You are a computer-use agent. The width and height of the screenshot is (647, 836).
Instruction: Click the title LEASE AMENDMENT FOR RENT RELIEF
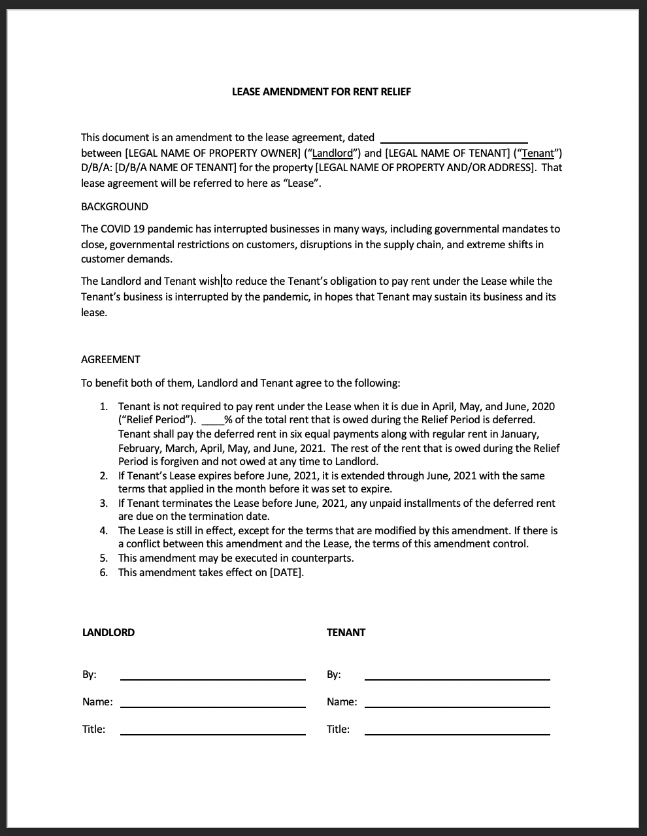click(322, 92)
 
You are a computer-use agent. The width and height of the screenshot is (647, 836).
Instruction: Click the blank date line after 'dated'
click(454, 138)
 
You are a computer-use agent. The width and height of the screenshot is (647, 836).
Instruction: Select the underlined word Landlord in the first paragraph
click(333, 153)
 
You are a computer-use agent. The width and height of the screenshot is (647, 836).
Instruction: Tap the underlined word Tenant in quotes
click(538, 153)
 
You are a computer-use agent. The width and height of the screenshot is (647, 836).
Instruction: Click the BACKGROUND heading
click(114, 207)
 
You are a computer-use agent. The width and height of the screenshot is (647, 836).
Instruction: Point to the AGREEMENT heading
click(110, 360)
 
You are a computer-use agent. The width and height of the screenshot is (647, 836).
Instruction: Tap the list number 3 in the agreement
click(103, 504)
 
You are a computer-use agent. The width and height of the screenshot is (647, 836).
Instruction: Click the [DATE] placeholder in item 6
click(286, 573)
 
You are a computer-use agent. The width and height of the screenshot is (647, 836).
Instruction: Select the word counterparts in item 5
click(322, 558)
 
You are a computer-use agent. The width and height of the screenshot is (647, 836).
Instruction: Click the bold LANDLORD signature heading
click(108, 633)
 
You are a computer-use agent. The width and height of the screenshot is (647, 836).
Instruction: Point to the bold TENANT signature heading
click(346, 633)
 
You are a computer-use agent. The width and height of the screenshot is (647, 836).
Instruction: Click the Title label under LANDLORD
click(93, 730)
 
